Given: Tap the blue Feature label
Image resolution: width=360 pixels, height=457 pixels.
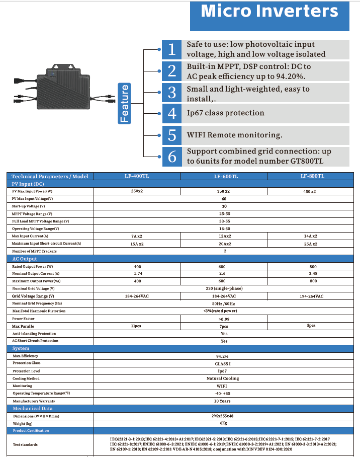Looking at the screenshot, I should pyautogui.click(x=124, y=103).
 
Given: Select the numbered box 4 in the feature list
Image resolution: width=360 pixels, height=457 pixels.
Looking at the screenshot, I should pyautogui.click(x=172, y=113).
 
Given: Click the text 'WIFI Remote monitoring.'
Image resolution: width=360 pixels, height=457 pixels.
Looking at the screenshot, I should pyautogui.click(x=234, y=135).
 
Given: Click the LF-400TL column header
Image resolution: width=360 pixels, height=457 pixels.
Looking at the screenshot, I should pyautogui.click(x=136, y=176).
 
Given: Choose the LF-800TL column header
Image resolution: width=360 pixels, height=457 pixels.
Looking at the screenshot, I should pyautogui.click(x=312, y=176).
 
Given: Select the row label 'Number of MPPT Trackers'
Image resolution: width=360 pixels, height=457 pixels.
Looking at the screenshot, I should pyautogui.click(x=35, y=251).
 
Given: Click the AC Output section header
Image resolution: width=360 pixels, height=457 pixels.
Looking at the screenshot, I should pyautogui.click(x=25, y=259).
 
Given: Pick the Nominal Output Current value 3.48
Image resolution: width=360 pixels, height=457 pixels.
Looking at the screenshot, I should pyautogui.click(x=313, y=273).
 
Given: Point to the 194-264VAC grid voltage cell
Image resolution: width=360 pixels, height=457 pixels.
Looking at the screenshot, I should pyautogui.click(x=311, y=296).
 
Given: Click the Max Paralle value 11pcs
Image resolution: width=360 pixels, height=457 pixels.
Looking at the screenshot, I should pyautogui.click(x=136, y=326).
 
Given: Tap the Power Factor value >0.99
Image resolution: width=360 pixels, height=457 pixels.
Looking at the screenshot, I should pyautogui.click(x=224, y=319).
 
